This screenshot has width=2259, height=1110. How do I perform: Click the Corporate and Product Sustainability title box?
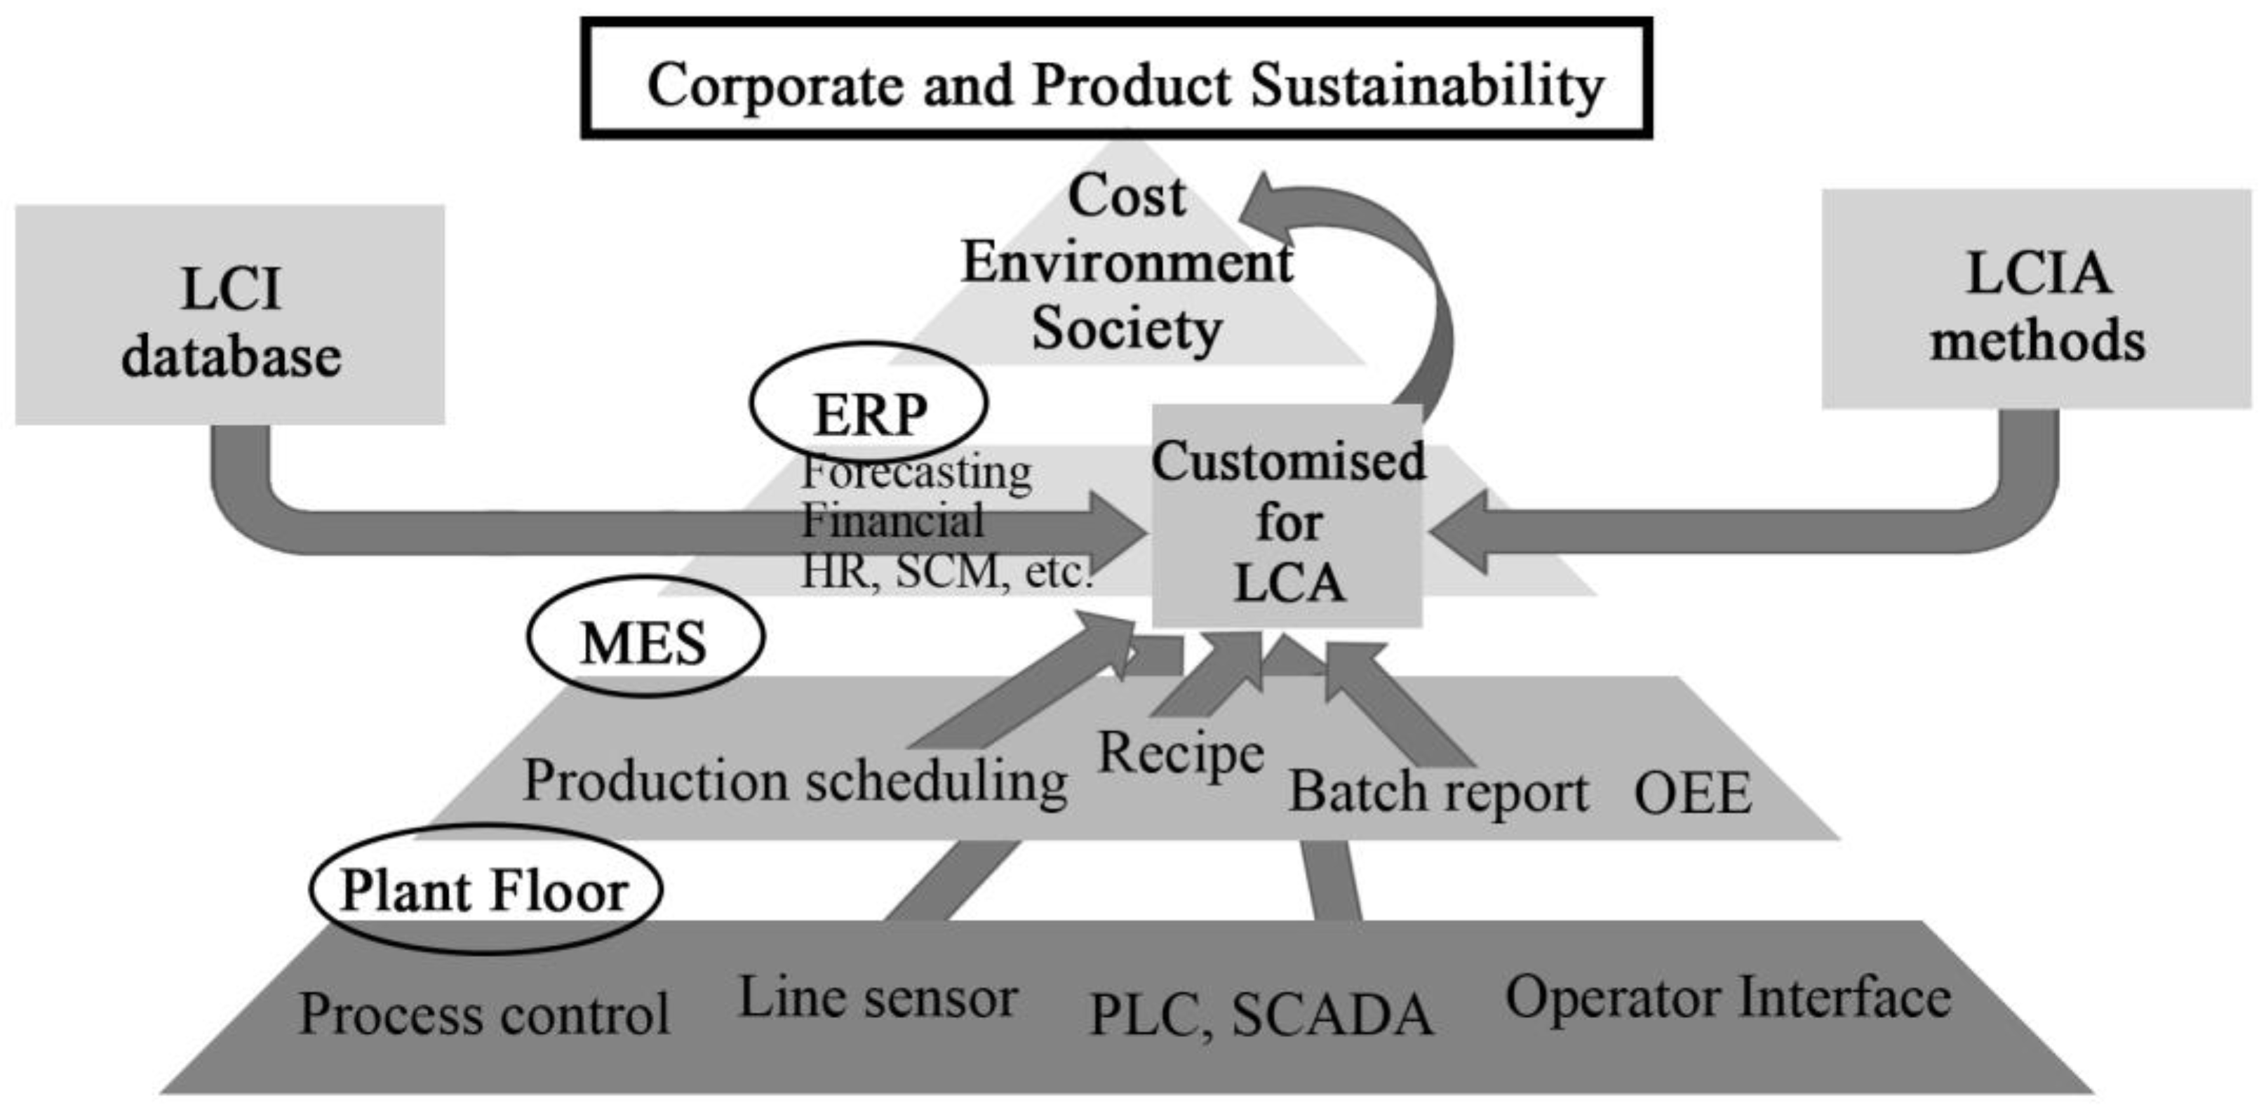tap(1115, 79)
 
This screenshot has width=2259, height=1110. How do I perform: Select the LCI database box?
tap(230, 316)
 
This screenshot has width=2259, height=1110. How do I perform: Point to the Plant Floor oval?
tap(485, 889)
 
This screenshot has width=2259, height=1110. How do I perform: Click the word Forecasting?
tap(916, 474)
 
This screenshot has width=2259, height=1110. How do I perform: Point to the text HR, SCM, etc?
tap(947, 572)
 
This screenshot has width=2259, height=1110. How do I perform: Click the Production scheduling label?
tap(794, 780)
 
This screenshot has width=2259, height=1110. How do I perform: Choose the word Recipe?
tap(1180, 752)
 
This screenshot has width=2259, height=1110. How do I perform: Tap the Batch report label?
tap(1438, 791)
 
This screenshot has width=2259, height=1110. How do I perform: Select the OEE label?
tap(1692, 793)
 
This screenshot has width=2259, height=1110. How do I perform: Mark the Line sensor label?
tap(878, 998)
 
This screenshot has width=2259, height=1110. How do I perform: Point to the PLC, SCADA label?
tap(1260, 1014)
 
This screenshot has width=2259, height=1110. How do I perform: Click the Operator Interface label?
tap(1727, 998)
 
